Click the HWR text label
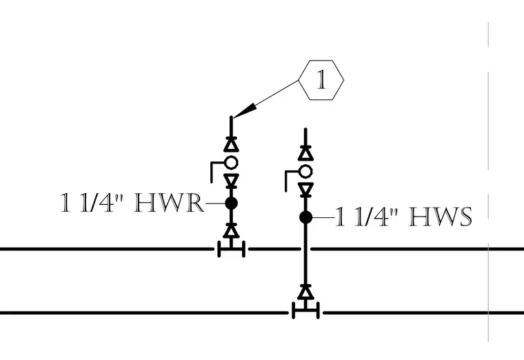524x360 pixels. pyautogui.click(x=169, y=203)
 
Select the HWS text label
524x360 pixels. pyautogui.click(x=441, y=217)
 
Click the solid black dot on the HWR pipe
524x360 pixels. pyautogui.click(x=231, y=203)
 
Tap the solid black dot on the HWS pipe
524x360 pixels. pyautogui.click(x=305, y=217)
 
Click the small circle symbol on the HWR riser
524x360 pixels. pyautogui.click(x=231, y=163)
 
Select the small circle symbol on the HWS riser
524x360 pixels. pyautogui.click(x=305, y=172)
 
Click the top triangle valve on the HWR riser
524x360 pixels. pyautogui.click(x=231, y=144)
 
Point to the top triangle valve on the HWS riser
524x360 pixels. pyautogui.click(x=305, y=153)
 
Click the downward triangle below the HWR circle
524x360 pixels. pyautogui.click(x=231, y=181)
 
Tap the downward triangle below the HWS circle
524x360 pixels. pyautogui.click(x=305, y=190)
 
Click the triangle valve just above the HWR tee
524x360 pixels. pyautogui.click(x=231, y=230)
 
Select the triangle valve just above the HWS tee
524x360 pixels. pyautogui.click(x=305, y=292)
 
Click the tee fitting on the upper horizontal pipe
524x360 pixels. pyautogui.click(x=231, y=249)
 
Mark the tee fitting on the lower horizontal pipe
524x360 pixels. pyautogui.click(x=305, y=311)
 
